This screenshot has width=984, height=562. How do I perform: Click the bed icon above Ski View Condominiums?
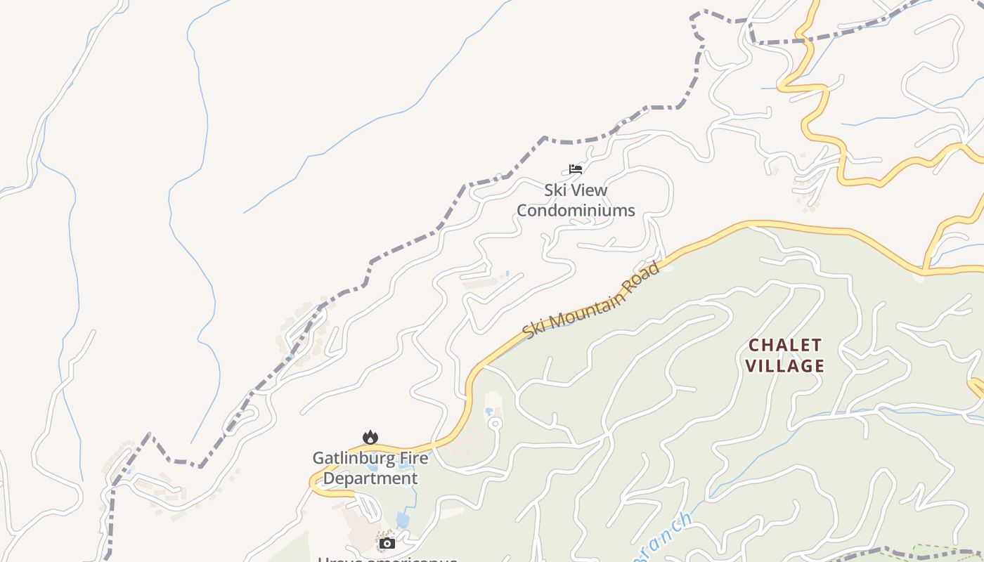pos(576,169)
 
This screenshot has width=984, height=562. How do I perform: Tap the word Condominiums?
pos(576,210)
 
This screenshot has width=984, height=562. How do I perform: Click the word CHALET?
pos(784,345)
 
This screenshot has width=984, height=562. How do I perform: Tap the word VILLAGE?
pos(784,365)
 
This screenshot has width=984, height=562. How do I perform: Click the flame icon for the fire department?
pos(370,438)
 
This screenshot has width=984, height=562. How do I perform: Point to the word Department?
pos(370,478)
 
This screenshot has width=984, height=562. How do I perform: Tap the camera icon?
pos(387,543)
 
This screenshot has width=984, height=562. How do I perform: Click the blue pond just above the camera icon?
pos(403,520)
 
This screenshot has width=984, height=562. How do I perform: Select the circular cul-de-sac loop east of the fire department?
pos(495,423)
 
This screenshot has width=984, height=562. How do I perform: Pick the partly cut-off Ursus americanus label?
pos(387,559)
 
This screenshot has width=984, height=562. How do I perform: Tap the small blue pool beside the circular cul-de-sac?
pos(488,411)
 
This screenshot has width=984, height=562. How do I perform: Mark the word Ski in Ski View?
pos(555,190)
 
